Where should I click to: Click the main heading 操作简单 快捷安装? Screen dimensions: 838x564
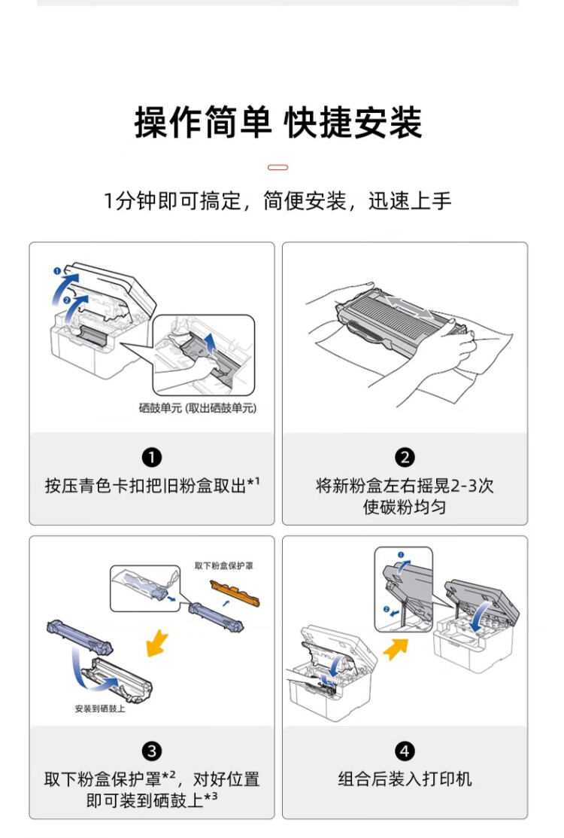point(278,123)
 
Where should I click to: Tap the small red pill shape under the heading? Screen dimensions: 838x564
point(278,167)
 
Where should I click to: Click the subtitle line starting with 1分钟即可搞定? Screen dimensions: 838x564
point(278,201)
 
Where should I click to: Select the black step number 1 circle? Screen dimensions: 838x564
point(152,458)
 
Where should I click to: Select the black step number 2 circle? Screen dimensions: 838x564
point(405,458)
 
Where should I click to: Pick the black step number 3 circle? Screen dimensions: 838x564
point(152,751)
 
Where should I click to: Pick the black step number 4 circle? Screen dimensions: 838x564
point(405,751)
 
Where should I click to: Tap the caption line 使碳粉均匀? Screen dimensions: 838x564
point(405,507)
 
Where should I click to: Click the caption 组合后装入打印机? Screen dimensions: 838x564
point(405,779)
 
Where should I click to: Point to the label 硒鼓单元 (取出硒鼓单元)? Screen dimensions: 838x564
point(197,408)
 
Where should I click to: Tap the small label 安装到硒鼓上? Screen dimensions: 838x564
point(100,708)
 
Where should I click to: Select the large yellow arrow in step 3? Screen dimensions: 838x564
point(157,644)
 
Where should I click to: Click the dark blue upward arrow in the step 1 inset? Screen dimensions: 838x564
point(211,348)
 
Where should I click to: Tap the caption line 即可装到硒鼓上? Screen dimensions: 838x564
point(152,800)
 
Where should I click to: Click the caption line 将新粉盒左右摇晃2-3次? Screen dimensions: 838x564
point(405,486)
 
